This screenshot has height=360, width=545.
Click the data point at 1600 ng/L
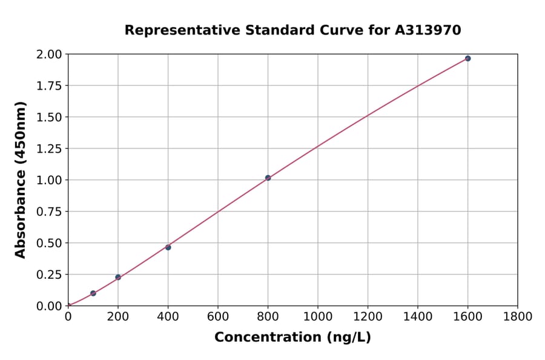pos(467,58)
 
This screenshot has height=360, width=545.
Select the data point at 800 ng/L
pos(268,178)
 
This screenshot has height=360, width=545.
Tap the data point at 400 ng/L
pos(168,247)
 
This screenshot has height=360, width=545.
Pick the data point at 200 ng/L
pos(118,277)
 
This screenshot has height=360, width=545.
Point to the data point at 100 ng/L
pos(93,293)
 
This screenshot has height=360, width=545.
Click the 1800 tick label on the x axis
pos(518,316)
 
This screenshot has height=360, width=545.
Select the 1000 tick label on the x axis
pos(318,316)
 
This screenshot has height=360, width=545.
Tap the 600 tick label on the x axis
pos(218,316)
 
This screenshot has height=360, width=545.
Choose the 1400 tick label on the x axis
pos(418,316)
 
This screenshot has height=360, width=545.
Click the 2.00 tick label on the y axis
pos(49,55)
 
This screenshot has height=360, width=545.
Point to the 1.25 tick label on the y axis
pos(49,148)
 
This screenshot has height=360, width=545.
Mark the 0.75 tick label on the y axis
pos(49,212)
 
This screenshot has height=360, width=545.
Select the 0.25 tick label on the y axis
pos(49,275)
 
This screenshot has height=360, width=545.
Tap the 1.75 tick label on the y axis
pos(49,85)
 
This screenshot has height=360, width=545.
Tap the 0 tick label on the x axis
pos(68,316)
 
